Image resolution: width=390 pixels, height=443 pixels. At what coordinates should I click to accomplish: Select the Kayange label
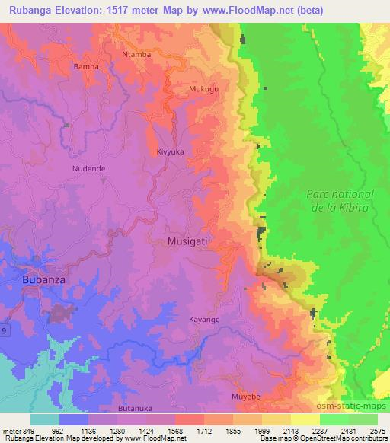[x=204, y=320]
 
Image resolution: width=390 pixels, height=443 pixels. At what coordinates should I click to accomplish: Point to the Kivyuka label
[x=170, y=152]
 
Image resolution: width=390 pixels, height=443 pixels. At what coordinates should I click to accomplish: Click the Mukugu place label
[x=203, y=89]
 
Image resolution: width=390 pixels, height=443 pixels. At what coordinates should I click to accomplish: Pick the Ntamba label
[x=136, y=56]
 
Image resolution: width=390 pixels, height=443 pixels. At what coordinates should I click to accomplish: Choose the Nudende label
[x=88, y=168]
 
